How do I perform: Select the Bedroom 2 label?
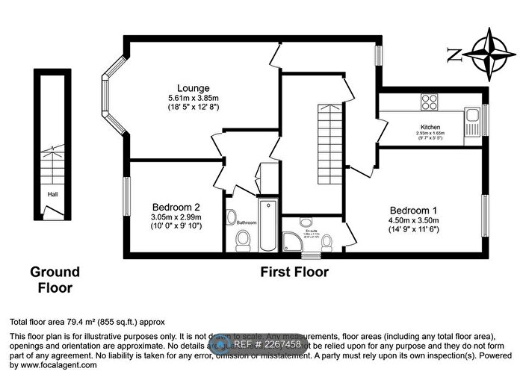tap(176, 207)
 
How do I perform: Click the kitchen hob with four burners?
tap(429, 101)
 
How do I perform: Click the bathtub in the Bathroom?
tap(267, 225)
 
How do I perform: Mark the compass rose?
tap(489, 53)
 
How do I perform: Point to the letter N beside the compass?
tap(454, 54)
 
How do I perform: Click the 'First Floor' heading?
tap(294, 272)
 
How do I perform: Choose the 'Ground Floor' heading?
tap(55, 279)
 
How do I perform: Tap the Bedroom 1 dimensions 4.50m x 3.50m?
tap(413, 220)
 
